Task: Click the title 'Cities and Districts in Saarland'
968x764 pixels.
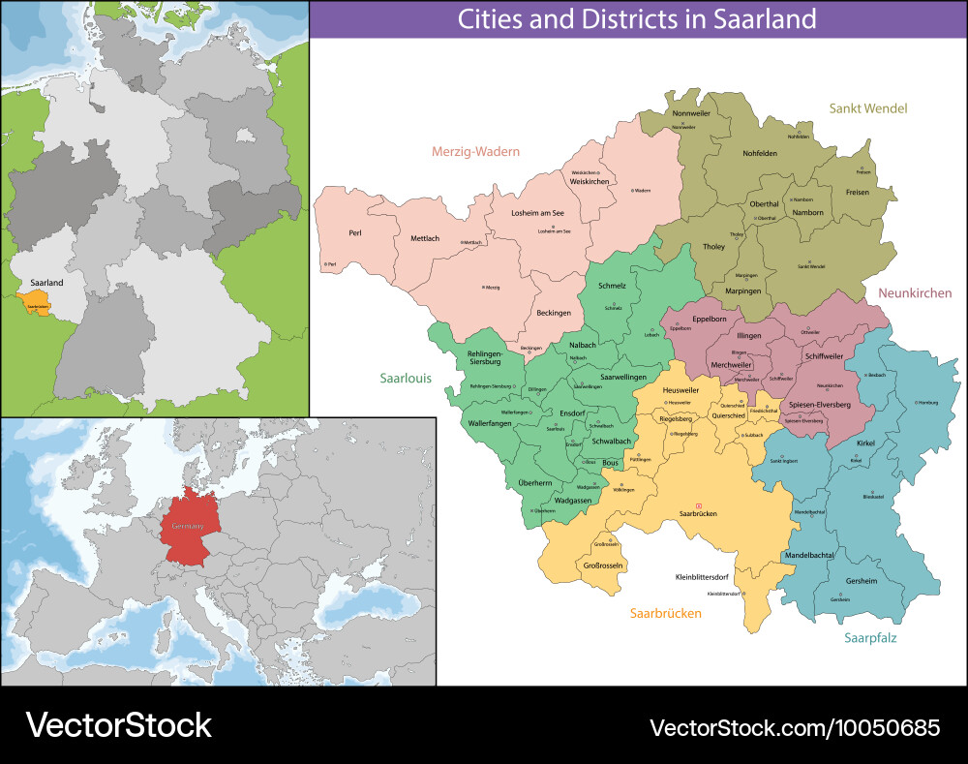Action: pyautogui.click(x=636, y=18)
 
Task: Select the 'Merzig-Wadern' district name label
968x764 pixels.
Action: pyautogui.click(x=475, y=151)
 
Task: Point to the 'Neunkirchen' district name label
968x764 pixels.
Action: pyautogui.click(x=915, y=292)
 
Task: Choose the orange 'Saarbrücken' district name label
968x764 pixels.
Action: pyautogui.click(x=665, y=613)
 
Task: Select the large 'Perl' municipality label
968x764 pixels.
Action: pyautogui.click(x=355, y=233)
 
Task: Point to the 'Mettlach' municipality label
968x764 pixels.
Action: pyautogui.click(x=425, y=238)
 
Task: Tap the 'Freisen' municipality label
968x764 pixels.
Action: pyautogui.click(x=857, y=192)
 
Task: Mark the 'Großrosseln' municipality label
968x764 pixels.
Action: pyautogui.click(x=601, y=565)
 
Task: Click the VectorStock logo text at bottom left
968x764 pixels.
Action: pyautogui.click(x=118, y=725)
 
